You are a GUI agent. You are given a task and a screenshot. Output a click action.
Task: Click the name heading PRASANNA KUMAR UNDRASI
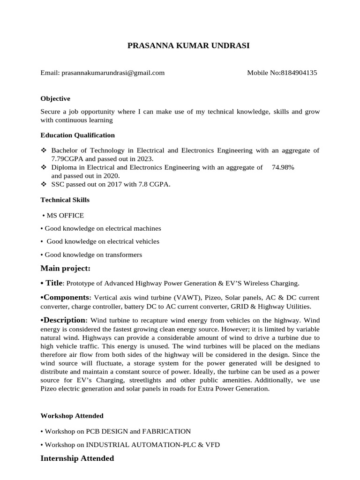pos(182,45)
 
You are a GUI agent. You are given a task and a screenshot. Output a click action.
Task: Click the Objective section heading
pos(55,98)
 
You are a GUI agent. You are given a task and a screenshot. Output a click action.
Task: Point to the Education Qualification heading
pos(77,135)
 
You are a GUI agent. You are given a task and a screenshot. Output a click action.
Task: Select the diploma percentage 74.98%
pos(283,167)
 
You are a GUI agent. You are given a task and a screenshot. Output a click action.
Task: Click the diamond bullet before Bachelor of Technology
pos(44,150)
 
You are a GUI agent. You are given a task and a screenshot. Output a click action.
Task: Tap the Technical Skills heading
pos(65,200)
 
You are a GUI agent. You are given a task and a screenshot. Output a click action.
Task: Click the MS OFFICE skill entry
pos(65,215)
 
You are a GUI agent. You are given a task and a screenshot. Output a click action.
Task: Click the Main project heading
pos(65,268)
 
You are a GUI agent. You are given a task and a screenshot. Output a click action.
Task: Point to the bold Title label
pos(54,283)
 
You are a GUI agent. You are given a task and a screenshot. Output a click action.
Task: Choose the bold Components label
pos(67,297)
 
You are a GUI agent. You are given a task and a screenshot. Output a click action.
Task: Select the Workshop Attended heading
pos(72,416)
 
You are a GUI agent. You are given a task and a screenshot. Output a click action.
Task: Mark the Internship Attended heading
pos(77,458)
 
